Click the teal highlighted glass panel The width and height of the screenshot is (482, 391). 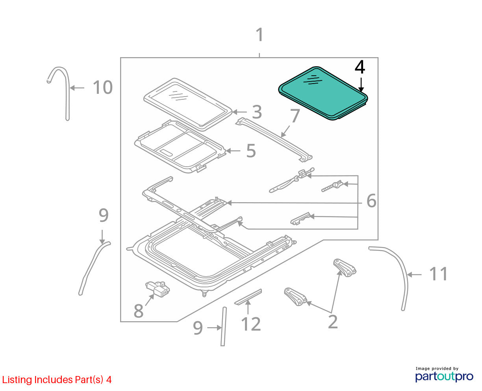[x=323, y=93]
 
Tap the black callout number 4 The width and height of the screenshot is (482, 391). [x=360, y=67]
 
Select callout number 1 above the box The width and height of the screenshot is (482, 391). [x=260, y=35]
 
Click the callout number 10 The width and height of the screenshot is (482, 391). [x=103, y=87]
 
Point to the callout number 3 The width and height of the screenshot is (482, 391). [x=257, y=112]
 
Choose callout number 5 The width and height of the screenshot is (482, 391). [x=251, y=151]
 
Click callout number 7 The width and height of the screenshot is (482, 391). [x=295, y=116]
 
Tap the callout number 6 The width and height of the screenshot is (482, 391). [x=371, y=201]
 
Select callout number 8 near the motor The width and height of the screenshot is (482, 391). [x=139, y=311]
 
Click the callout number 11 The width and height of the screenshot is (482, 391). [x=438, y=274]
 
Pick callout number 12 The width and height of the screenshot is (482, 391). [x=251, y=324]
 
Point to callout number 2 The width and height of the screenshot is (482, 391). [x=333, y=322]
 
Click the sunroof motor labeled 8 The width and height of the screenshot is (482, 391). [x=158, y=289]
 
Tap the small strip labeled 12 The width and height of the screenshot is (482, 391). [x=248, y=297]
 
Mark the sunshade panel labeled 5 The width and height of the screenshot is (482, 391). [x=180, y=147]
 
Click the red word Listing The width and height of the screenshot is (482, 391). [x=17, y=380]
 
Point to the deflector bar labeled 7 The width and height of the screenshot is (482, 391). [x=274, y=140]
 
